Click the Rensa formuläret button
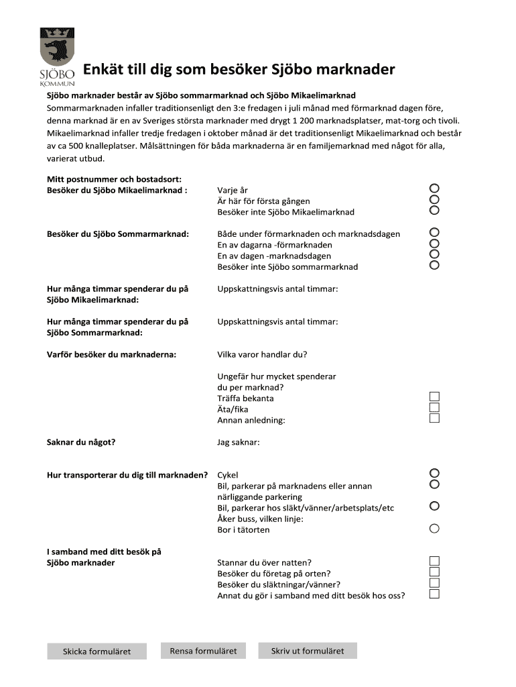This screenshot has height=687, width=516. click(x=203, y=651)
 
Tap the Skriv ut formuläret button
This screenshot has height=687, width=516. click(x=307, y=651)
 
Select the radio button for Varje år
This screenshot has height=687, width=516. click(x=434, y=189)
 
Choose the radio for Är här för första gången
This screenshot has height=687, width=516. click(x=434, y=199)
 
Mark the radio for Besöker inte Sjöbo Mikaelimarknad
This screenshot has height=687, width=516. click(x=434, y=210)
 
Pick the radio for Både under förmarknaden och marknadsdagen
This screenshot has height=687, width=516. click(x=434, y=232)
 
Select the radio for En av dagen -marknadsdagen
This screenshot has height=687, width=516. click(x=434, y=254)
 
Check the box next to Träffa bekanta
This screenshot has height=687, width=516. click(x=434, y=397)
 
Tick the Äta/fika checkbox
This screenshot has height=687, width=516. click(x=434, y=407)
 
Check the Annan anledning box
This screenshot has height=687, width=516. click(x=434, y=418)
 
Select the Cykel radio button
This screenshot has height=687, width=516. click(x=434, y=473)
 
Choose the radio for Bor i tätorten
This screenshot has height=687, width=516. click(x=434, y=529)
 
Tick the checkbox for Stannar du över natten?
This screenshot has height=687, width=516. click(x=434, y=561)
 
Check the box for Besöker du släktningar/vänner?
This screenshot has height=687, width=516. click(x=434, y=583)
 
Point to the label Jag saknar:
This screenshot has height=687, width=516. click(x=238, y=442)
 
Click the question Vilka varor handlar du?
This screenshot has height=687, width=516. click(x=262, y=355)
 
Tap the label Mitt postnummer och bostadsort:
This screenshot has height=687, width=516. click(x=114, y=179)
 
